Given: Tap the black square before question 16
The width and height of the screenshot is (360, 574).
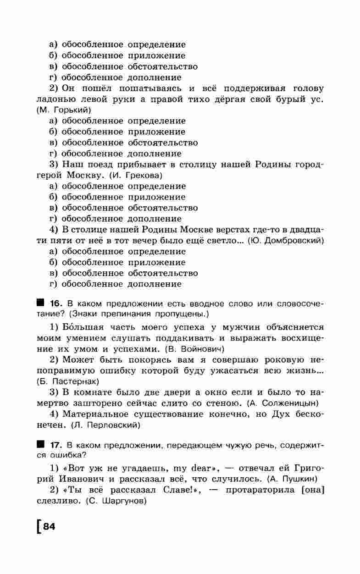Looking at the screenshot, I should (x=41, y=303).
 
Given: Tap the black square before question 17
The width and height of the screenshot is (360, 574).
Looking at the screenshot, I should (x=41, y=445).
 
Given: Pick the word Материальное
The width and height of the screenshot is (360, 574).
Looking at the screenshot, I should (x=93, y=414).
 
